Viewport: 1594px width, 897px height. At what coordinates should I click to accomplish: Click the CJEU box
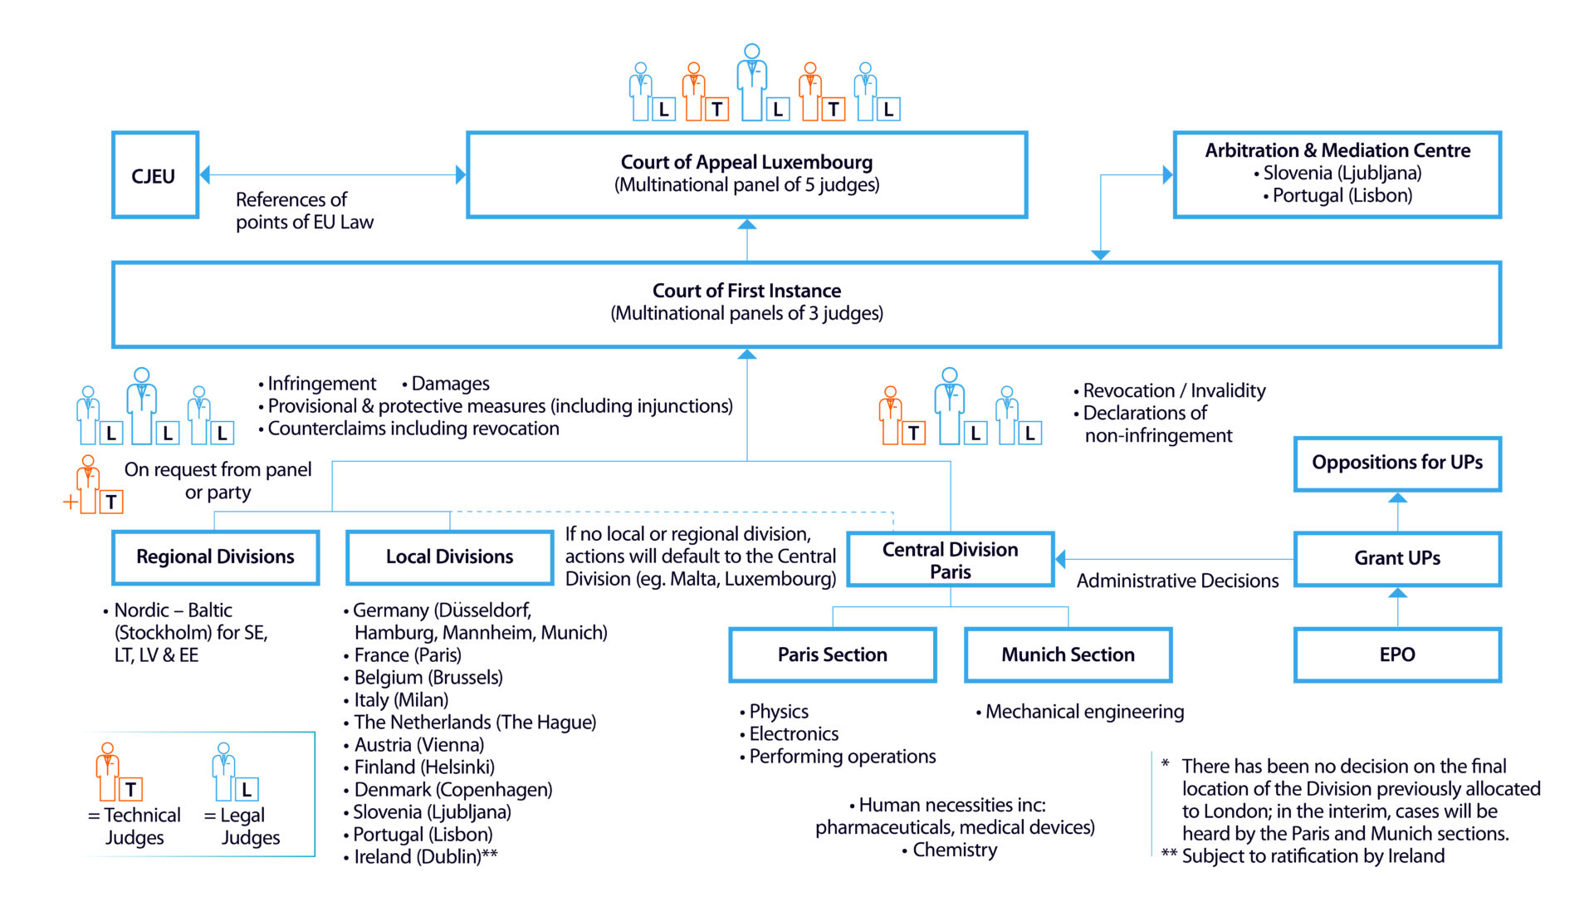[x=154, y=175]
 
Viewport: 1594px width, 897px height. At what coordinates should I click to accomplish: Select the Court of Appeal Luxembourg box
[x=746, y=174]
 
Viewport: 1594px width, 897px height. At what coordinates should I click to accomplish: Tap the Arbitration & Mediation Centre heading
[x=1337, y=150]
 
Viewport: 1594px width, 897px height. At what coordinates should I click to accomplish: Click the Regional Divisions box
[x=216, y=557]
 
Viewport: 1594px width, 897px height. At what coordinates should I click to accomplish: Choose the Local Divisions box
[x=449, y=557]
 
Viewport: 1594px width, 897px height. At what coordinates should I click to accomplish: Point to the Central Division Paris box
[x=950, y=560]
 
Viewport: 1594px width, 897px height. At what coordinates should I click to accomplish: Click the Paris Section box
[x=832, y=654]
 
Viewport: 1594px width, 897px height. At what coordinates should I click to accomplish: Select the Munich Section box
[x=1068, y=654]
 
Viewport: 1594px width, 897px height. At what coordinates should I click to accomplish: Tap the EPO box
[x=1396, y=654]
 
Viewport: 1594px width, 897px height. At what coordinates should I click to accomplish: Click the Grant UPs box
[x=1396, y=558]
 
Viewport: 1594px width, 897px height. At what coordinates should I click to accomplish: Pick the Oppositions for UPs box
[x=1396, y=463]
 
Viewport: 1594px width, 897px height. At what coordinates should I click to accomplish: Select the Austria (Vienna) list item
[x=418, y=745]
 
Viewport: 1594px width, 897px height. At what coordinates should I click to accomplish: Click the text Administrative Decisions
[x=1176, y=581]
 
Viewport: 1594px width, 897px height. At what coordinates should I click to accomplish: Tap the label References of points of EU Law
[x=304, y=211]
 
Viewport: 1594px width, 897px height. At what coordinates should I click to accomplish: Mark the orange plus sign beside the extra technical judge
[x=71, y=502]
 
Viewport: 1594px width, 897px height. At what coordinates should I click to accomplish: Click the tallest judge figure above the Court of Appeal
[x=751, y=81]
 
